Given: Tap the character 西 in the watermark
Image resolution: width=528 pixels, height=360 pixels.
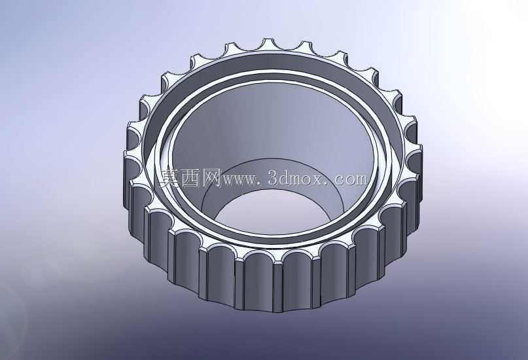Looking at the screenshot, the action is [190, 177].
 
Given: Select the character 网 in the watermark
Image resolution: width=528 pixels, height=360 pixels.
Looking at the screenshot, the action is [211, 177].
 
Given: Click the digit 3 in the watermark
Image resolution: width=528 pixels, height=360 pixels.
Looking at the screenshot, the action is [273, 178].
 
